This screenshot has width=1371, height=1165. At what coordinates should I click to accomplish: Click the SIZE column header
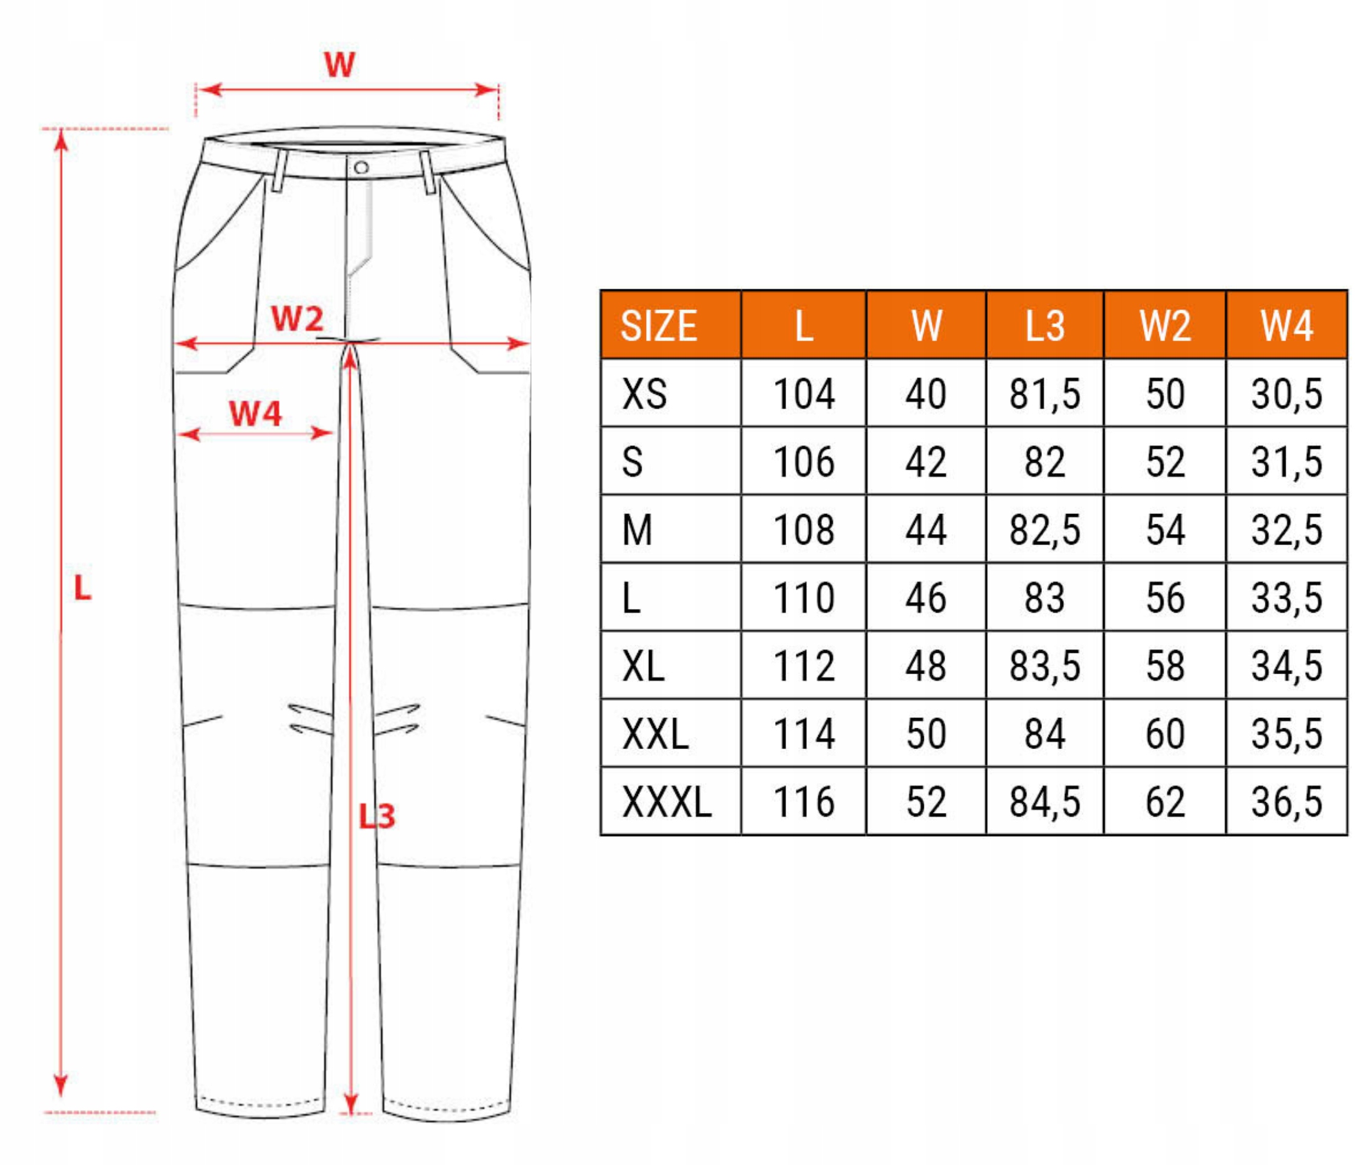click(657, 326)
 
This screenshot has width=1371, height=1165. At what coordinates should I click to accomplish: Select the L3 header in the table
click(1044, 326)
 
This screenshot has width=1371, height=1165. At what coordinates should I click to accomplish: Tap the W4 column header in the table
click(1286, 326)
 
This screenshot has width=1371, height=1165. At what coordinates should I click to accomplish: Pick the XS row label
click(643, 394)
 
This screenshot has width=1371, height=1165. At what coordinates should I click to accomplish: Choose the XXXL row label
click(666, 802)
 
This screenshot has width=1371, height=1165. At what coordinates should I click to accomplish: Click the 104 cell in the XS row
click(804, 394)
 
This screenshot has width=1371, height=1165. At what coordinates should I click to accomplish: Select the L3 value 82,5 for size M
click(1044, 530)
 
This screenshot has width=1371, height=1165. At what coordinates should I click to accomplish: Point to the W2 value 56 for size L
click(1165, 599)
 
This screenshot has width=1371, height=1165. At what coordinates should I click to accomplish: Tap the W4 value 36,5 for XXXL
click(1286, 802)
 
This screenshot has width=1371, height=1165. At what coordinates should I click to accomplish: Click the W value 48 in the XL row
click(925, 666)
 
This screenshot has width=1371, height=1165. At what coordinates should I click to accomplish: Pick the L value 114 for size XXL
click(804, 734)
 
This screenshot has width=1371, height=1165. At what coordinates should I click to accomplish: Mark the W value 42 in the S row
click(925, 462)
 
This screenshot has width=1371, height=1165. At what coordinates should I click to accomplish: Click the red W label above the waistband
click(339, 65)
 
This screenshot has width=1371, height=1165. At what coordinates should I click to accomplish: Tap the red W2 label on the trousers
click(297, 319)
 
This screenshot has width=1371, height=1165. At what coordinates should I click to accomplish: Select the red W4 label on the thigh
click(255, 414)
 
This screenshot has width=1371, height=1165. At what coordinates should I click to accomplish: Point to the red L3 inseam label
click(377, 816)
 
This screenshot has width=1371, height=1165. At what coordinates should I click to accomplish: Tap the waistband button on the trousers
click(361, 167)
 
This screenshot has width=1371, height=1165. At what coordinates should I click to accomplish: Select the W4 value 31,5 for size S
click(1286, 462)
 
